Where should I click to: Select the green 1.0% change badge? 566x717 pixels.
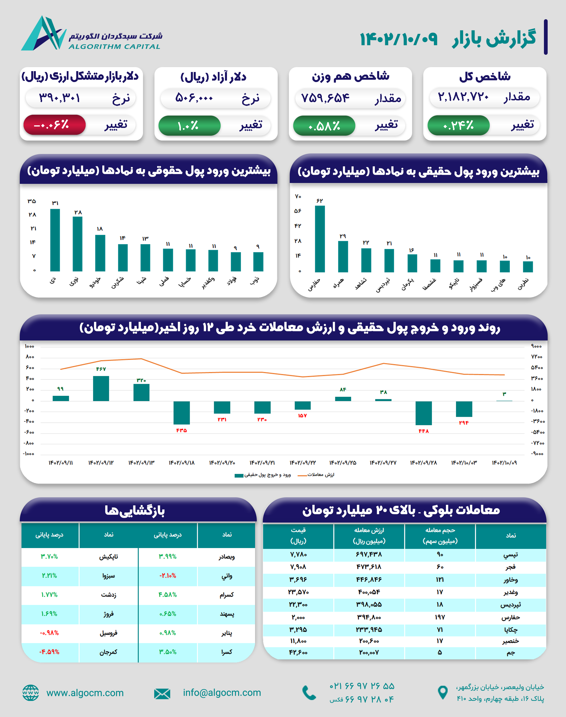189,126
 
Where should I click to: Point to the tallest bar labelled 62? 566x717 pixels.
320,239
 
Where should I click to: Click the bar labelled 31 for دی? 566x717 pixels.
55,240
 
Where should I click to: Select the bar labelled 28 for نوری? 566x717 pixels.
78,244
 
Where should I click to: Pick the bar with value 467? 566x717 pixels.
101,388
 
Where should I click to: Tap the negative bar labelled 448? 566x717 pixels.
424,413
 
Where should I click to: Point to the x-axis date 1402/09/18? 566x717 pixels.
182,463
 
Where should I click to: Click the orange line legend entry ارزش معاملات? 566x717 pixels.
316,475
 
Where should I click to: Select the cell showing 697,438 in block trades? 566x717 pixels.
369,554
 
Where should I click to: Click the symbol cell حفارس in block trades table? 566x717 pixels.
510,617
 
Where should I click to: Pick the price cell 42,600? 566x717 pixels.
298,652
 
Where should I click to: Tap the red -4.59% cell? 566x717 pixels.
49,652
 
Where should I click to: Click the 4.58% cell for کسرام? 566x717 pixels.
168,595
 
